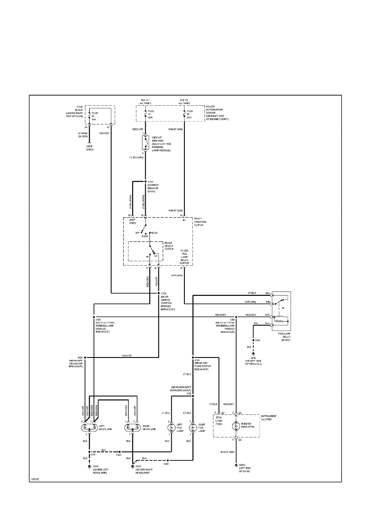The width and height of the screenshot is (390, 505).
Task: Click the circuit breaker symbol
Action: (145, 143)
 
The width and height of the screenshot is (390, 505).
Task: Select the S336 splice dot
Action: (158, 293)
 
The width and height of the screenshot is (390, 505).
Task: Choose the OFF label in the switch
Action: (137, 233)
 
